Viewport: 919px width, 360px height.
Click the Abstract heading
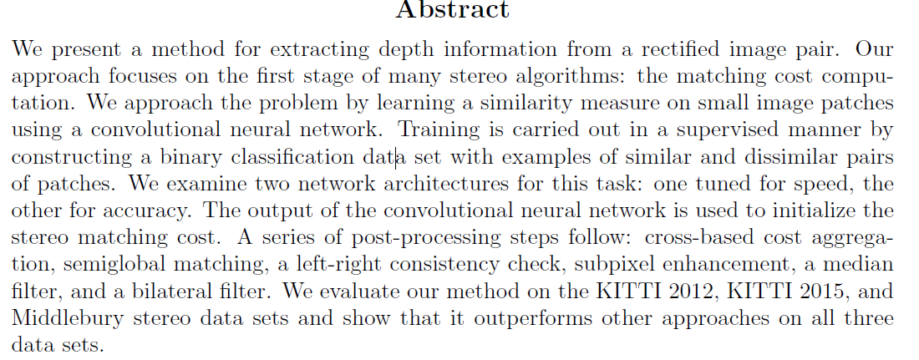[x=452, y=11]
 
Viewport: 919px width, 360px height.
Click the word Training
[x=439, y=131]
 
